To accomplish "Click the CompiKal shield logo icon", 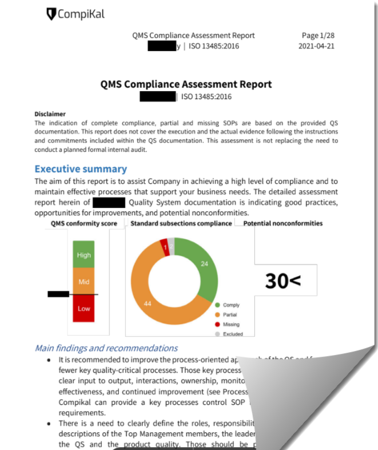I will (51, 13).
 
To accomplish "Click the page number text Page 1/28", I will (317, 35).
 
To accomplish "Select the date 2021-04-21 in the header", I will (316, 46).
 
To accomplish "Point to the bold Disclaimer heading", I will (50, 115).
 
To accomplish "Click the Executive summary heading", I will (81, 169).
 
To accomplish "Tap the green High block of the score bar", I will (84, 255).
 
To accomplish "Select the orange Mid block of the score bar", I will (84, 282).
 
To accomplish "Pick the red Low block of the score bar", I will (84, 309).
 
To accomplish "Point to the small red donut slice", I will (165, 244).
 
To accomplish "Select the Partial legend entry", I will (230, 315).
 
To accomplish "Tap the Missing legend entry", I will (231, 325).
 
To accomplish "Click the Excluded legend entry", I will (232, 334).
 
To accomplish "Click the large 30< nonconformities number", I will (283, 281).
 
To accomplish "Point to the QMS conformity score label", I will (84, 223).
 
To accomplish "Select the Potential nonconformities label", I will (283, 223).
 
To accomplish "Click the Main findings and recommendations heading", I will (106, 348).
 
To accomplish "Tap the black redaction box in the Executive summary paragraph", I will (109, 202).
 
